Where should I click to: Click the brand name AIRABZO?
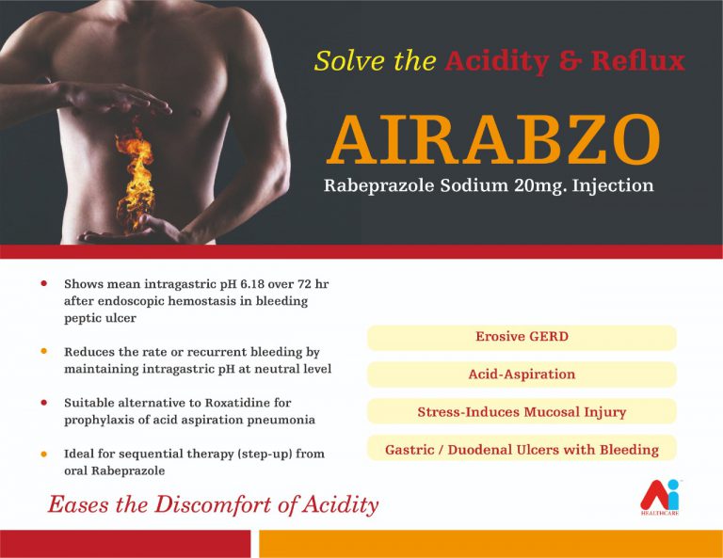tap(493, 139)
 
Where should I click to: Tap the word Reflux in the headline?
tap(637, 61)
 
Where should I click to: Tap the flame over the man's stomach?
tap(136, 177)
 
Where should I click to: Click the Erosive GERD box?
tap(522, 337)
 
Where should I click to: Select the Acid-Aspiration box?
tap(522, 375)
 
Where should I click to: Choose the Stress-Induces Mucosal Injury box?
tap(522, 411)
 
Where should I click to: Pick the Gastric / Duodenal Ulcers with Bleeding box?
tap(522, 448)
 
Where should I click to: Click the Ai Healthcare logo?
tap(660, 498)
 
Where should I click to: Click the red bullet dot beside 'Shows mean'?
tap(44, 283)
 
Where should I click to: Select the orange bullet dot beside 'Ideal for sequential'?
tap(44, 454)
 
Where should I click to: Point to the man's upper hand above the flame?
tap(115, 98)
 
